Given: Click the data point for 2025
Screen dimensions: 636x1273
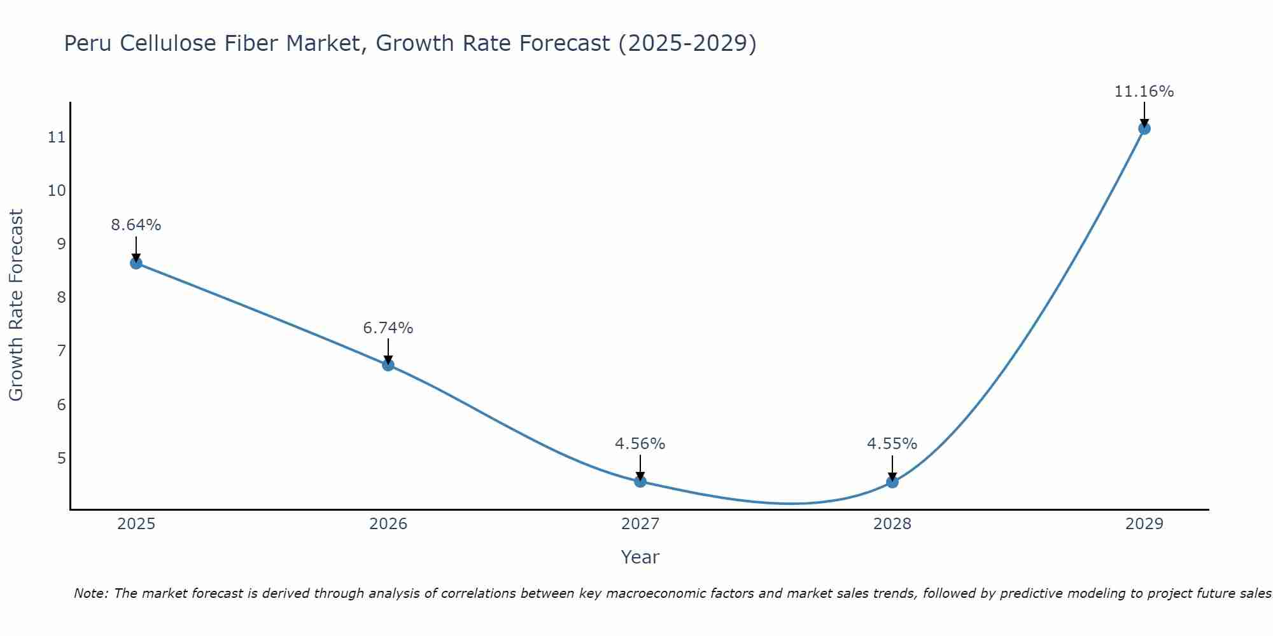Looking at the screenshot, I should pos(136,263).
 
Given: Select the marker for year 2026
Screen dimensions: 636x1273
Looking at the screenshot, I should pos(388,364).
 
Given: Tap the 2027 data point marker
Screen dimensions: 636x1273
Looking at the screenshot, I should pos(640,481).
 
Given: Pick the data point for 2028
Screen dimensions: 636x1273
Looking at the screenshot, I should pos(892,482).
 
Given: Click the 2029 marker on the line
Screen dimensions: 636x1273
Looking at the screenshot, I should pos(1144,128).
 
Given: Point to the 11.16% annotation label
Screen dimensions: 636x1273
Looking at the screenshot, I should pos(1144,92).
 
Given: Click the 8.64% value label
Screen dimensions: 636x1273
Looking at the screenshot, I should pos(136,225).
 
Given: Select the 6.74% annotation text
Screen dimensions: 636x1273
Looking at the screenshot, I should pos(388,328).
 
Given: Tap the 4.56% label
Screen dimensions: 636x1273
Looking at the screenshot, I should pos(640,444).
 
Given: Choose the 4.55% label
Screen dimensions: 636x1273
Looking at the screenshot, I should pos(892,444).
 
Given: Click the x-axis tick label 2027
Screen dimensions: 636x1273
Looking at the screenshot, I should pos(640,524).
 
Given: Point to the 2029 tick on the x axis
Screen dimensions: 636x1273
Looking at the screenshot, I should pos(1144,524).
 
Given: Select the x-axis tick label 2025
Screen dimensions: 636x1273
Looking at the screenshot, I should pos(136,524).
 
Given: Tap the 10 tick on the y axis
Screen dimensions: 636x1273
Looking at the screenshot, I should pos(57,191).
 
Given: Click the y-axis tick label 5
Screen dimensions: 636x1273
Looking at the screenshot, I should pos(61,458).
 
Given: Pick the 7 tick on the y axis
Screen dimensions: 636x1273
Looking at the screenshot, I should pos(61,351).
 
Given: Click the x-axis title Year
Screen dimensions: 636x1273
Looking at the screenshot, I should pos(640,557).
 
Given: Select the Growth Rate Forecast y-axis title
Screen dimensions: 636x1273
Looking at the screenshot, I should pos(16,305).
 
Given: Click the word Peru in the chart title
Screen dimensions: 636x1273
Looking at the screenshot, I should pos(88,43).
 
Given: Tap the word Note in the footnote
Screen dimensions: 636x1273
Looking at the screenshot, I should pos(90,593).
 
